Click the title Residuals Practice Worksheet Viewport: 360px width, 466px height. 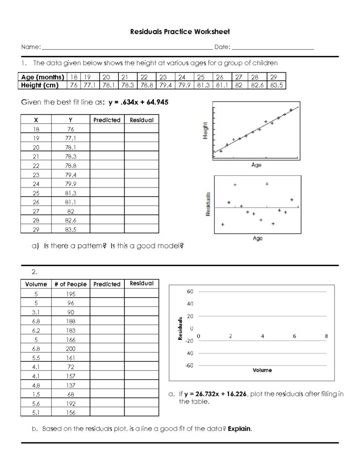180,32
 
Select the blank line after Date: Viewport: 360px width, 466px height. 273,47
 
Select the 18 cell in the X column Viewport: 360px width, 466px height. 36,129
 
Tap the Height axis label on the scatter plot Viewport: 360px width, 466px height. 206,131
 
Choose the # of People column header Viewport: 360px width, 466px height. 71,284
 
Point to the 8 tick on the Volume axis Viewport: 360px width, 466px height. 326,336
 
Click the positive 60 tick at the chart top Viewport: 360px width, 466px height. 190,291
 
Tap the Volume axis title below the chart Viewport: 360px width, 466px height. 262,370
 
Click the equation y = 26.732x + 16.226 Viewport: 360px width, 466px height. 216,394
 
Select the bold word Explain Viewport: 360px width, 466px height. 239,429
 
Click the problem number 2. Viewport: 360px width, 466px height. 34,272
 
